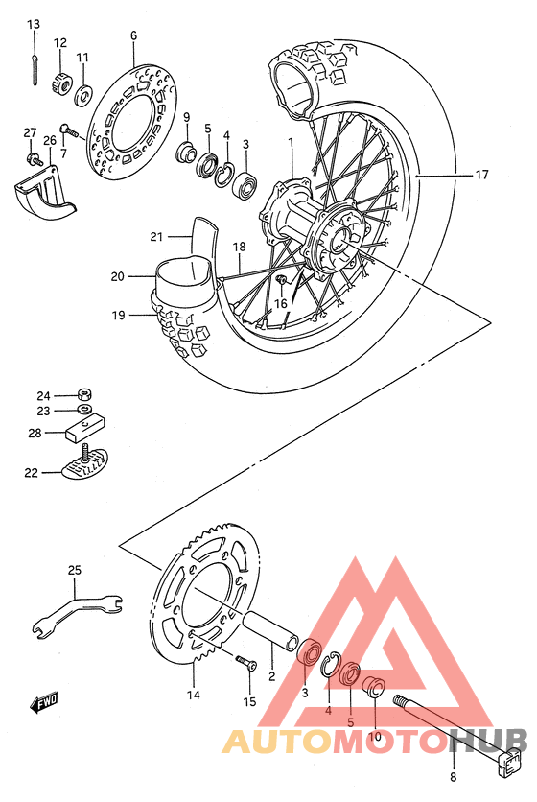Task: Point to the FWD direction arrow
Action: [x=44, y=706]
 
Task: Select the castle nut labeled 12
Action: [x=60, y=84]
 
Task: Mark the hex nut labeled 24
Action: [x=85, y=394]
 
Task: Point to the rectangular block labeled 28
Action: [x=83, y=427]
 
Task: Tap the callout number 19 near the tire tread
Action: [x=118, y=315]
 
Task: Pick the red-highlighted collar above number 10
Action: [x=376, y=687]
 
